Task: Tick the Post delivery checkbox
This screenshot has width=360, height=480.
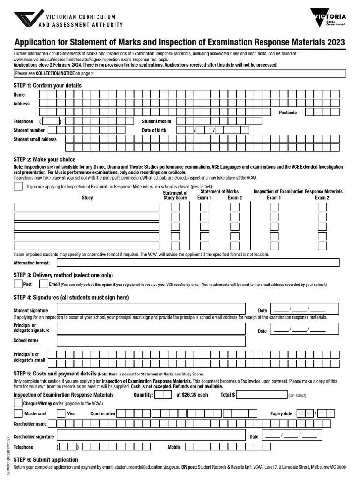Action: (x=18, y=284)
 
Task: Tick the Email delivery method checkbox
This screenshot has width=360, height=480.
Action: (x=44, y=284)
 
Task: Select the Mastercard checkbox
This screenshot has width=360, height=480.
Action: (x=18, y=413)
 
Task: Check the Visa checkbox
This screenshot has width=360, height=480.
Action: (x=61, y=413)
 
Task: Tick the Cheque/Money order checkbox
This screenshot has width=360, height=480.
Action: (x=18, y=403)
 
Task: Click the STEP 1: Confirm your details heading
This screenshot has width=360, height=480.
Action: (x=47, y=85)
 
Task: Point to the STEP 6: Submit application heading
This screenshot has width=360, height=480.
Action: (x=46, y=460)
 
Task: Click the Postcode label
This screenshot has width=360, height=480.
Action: (x=288, y=112)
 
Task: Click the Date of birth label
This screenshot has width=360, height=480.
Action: (x=154, y=130)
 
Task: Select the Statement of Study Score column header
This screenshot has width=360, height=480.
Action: (x=175, y=195)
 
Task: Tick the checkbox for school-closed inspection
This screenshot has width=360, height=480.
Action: (x=18, y=187)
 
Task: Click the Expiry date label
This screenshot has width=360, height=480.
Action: (x=281, y=413)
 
